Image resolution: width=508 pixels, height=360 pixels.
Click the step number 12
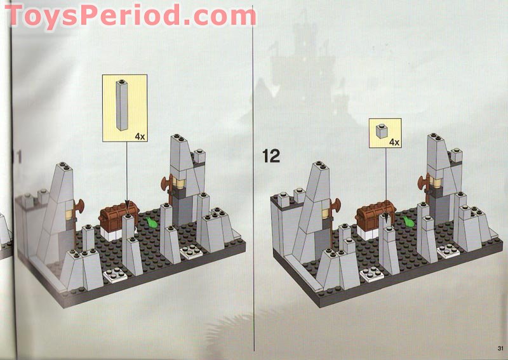point(271,156)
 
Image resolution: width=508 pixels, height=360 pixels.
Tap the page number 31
point(500,349)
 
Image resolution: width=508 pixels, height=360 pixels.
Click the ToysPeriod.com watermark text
point(130,15)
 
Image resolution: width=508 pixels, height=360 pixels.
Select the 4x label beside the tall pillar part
point(140,137)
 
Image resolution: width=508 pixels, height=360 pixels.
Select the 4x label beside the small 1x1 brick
point(394,142)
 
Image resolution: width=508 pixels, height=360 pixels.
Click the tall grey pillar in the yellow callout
point(121,105)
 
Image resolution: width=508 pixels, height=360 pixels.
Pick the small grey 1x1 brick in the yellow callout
point(382,131)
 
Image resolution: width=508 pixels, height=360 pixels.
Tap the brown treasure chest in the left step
point(119,217)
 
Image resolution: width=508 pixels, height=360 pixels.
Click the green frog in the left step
point(151,222)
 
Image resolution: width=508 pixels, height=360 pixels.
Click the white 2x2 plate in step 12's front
point(371,275)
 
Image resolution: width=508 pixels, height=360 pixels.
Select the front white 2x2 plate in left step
point(116,276)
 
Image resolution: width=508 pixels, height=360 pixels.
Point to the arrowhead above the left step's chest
point(126,206)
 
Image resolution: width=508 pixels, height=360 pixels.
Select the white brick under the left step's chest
point(110,234)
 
